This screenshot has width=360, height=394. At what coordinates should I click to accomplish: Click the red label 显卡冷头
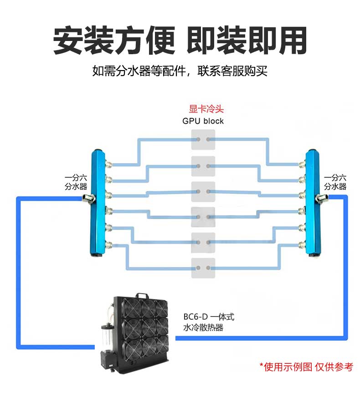pos(203,109)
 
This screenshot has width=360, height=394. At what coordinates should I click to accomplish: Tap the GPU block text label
pos(203,121)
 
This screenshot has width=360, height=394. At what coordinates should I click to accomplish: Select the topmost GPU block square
pos(203,139)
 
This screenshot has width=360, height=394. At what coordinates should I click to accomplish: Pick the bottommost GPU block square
pos(203,267)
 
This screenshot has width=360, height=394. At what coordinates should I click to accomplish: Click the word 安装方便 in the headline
pos(114,41)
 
